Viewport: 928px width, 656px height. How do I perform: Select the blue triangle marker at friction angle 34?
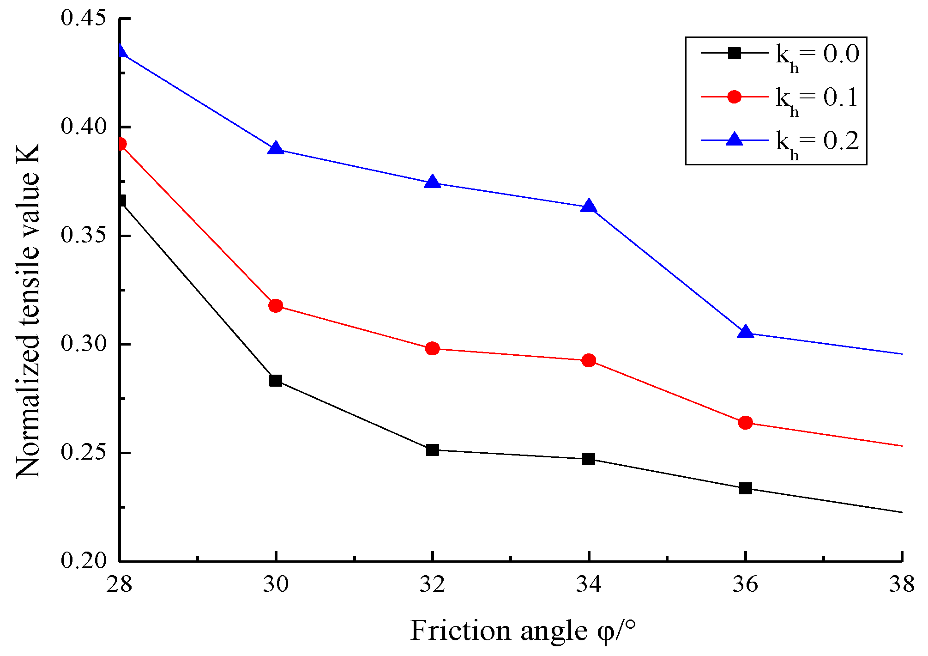589,207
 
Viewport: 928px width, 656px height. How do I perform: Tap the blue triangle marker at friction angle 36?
745,332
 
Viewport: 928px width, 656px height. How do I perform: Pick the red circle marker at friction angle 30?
276,306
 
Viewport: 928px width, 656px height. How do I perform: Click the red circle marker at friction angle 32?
432,348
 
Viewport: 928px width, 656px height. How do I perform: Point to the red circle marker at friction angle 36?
745,422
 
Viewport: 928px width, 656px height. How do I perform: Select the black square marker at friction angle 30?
276,381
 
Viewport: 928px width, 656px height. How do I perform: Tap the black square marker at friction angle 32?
432,449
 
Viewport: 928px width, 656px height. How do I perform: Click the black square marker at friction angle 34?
589,459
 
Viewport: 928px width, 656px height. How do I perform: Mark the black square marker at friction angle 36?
745,488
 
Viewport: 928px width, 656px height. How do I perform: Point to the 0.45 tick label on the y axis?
84,18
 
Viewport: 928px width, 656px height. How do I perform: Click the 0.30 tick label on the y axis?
84,344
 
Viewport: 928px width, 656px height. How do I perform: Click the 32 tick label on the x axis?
432,585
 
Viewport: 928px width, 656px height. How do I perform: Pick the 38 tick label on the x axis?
901,585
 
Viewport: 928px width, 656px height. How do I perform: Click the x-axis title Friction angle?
523,631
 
